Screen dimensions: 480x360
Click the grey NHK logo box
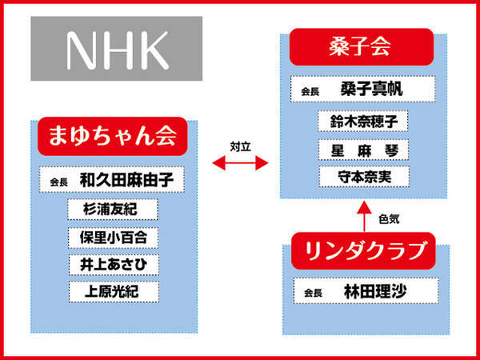[x=117, y=49]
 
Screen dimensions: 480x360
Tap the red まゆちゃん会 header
[x=112, y=136]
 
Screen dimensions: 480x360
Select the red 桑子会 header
[x=362, y=47]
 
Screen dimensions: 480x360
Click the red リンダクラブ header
[x=363, y=250]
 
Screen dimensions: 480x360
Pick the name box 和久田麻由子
[x=112, y=180]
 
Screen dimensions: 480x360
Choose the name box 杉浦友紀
[x=113, y=210]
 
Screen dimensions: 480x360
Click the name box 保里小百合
[x=113, y=238]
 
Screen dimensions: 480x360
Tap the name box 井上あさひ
[x=114, y=265]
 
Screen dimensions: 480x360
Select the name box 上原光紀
[x=114, y=292]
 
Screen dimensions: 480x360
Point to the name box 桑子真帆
[x=362, y=89]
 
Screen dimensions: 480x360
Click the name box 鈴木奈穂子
[x=363, y=122]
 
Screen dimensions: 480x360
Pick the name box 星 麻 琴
[x=363, y=150]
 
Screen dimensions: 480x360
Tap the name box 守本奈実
[x=364, y=177]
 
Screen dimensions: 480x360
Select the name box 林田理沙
[x=366, y=291]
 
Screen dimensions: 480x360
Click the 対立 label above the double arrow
[x=241, y=147]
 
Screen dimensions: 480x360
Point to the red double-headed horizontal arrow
[x=240, y=162]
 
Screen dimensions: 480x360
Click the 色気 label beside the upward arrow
[x=389, y=219]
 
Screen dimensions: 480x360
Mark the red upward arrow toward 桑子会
[x=364, y=216]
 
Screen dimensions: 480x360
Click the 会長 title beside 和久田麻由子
[x=58, y=182]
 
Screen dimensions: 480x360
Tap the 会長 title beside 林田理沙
[x=313, y=294]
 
